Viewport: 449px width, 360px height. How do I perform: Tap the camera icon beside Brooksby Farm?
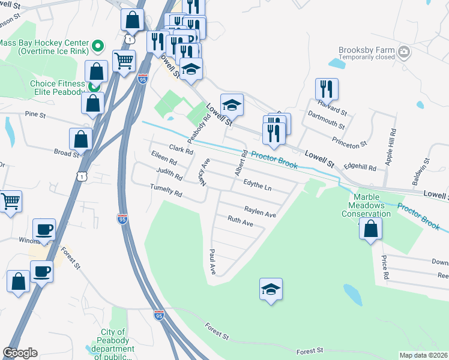point(405,52)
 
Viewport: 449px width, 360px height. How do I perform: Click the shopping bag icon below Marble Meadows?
point(371,229)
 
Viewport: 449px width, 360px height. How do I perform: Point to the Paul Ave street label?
point(212,262)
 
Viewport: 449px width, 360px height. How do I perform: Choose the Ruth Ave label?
point(240,221)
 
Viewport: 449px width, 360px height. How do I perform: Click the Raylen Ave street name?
point(260,211)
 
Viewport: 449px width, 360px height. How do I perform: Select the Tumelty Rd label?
point(166,190)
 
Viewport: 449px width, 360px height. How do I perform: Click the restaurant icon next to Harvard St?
point(327,89)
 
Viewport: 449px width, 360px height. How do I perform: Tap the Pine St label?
point(35,113)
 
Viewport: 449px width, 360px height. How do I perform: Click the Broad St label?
point(66,152)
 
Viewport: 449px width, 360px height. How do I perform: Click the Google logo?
point(20,353)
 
